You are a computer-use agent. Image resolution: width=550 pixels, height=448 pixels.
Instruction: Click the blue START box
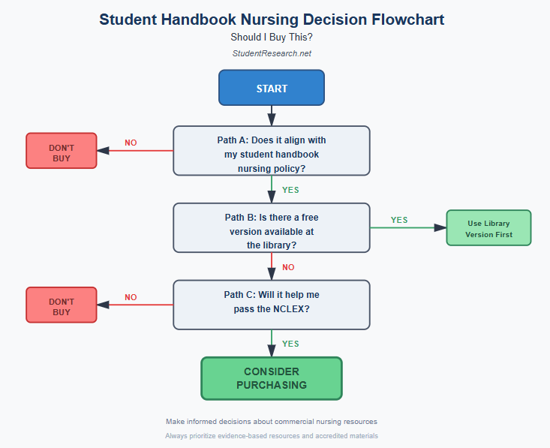271,88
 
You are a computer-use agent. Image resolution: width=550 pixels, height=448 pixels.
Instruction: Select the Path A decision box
271,151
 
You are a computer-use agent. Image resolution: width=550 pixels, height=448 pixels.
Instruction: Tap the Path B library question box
271,227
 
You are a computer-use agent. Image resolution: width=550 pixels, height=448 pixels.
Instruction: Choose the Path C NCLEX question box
271,305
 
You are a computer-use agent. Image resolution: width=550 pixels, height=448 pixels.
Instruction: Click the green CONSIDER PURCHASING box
271,378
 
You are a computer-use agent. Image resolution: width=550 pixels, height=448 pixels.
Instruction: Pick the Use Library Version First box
488,228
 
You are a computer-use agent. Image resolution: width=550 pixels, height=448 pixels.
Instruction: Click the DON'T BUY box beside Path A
62,151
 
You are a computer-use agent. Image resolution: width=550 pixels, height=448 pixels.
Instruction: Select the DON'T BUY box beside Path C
62,305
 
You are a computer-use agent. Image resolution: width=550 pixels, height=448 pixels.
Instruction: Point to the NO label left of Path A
131,143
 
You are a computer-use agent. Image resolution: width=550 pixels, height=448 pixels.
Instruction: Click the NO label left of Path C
131,297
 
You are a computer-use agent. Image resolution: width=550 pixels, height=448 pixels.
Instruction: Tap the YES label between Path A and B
290,190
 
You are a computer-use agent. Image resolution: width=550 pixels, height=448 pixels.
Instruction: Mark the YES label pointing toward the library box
399,220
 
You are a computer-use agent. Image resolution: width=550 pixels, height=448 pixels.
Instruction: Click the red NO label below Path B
288,267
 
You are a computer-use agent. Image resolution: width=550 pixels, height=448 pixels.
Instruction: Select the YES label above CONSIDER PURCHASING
290,344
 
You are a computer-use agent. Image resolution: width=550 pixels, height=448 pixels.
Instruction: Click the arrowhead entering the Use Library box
440,227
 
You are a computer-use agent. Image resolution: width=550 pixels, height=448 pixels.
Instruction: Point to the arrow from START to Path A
271,115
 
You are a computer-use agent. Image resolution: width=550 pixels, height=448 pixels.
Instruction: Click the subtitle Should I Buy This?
271,37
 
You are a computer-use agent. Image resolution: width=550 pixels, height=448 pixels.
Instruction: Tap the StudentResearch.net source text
271,53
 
